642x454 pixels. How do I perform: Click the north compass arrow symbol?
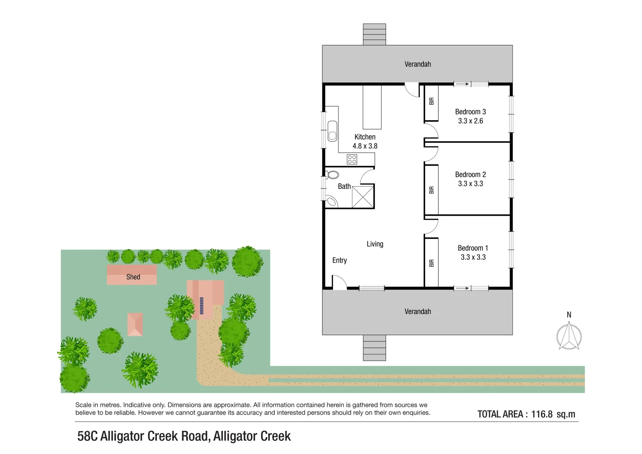tap(569, 335)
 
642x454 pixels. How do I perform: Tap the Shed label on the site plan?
tap(133, 277)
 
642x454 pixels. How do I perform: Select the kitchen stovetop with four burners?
tap(351, 159)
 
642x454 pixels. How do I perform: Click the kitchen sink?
tap(332, 131)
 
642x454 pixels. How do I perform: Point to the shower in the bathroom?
tap(363, 197)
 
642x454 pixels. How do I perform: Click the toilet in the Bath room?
tap(332, 174)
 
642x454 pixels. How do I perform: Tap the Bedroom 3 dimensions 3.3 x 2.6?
tap(470, 121)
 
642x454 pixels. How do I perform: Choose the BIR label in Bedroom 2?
tap(431, 190)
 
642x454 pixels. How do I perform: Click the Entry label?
tap(339, 260)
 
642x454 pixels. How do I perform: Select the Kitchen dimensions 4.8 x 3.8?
tap(365, 146)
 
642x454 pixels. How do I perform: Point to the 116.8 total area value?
tap(542, 414)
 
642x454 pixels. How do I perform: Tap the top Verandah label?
tap(417, 64)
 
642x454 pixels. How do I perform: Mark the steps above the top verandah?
tap(374, 34)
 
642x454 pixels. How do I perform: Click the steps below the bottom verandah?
tap(374, 348)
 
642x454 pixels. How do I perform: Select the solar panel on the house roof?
tap(201, 306)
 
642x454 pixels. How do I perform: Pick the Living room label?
tap(375, 244)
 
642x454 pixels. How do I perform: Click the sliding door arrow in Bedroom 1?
tap(462, 288)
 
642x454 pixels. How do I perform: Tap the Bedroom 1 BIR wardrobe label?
tap(431, 263)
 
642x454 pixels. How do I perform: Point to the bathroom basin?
tap(332, 201)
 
